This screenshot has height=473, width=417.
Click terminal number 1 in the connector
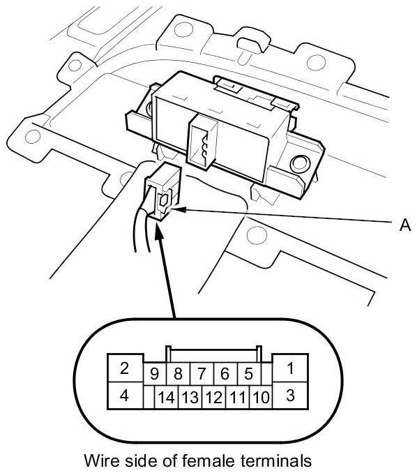coord(290,368)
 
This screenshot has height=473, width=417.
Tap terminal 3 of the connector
coord(290,396)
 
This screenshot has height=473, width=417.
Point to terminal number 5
coord(248,374)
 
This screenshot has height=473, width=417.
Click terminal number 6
coord(225,374)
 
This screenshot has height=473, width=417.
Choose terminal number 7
coord(202,374)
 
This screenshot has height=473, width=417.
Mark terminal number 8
coord(179,374)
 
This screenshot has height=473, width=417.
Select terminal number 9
coord(155,374)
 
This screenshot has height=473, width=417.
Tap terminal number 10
coord(261,397)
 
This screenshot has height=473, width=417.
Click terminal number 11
coord(238,397)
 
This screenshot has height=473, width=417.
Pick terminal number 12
coord(214,397)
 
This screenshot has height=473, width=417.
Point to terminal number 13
coord(190,397)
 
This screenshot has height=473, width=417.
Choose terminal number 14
coord(167,397)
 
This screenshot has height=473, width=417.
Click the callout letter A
coord(405,225)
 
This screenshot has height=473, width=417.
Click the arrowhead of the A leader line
coord(176,209)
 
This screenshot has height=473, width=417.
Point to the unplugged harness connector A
coord(162,192)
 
